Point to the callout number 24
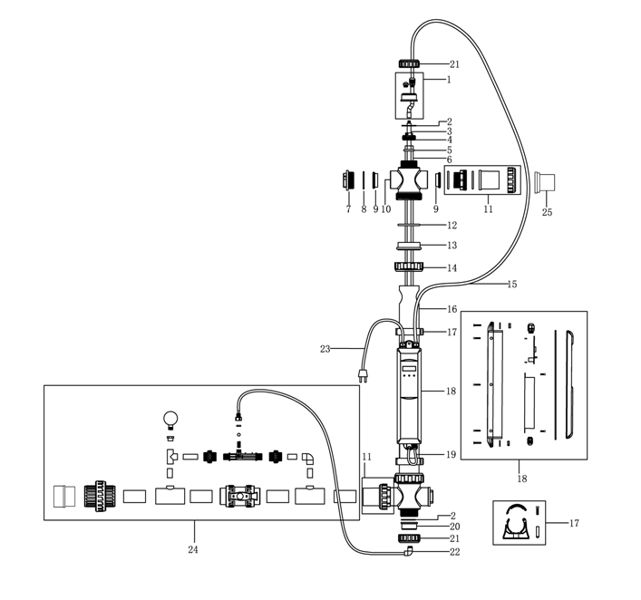click(192, 549)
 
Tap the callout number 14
click(452, 267)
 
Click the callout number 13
click(452, 245)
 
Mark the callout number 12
click(452, 224)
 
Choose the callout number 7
click(348, 209)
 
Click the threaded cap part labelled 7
click(348, 179)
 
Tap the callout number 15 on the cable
click(511, 285)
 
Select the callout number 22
click(455, 552)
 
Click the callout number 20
click(455, 527)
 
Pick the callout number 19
click(452, 454)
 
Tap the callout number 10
click(387, 209)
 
